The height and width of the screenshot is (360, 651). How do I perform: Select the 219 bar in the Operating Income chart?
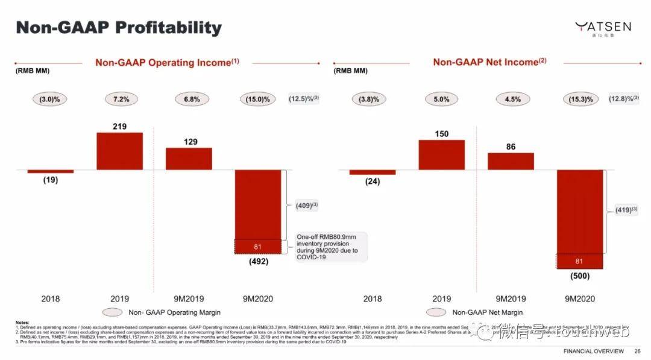(119, 151)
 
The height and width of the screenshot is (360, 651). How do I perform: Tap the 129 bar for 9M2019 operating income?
(189, 159)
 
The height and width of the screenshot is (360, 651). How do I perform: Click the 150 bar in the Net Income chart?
(441, 155)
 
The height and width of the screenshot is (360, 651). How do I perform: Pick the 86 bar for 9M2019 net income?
(511, 161)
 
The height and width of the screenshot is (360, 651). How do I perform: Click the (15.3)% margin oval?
(579, 99)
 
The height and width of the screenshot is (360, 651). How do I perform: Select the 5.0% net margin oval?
(441, 99)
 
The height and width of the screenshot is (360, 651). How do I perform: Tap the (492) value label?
(257, 262)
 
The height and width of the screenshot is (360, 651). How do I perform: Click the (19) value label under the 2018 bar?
(50, 180)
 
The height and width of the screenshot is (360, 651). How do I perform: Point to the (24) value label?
(373, 182)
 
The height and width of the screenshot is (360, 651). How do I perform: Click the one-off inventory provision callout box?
(332, 247)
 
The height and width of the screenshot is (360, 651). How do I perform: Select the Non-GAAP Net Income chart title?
(489, 62)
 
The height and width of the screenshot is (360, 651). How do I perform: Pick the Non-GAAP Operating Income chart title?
(167, 62)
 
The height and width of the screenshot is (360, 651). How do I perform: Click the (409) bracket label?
(304, 206)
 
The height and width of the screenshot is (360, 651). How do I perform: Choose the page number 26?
(637, 351)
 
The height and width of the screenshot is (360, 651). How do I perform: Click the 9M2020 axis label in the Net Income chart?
(579, 298)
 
